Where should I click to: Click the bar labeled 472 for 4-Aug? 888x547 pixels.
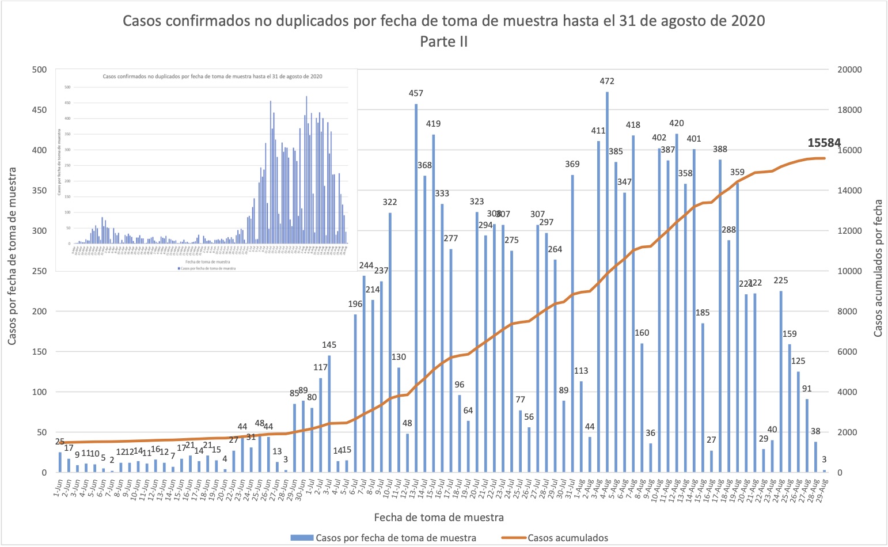point(607,282)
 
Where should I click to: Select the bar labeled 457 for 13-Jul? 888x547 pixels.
point(416,288)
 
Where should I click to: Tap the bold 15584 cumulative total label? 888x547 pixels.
point(824,143)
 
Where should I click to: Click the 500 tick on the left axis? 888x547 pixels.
point(40,70)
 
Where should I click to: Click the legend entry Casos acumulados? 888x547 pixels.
point(567,538)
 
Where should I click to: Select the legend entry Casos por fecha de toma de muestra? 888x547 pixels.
point(395,538)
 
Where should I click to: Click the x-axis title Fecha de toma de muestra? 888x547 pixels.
point(439,517)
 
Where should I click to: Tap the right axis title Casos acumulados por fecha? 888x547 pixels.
point(878,268)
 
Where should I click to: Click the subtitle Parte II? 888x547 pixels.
point(443,41)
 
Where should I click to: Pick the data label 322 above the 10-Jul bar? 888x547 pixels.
point(390,202)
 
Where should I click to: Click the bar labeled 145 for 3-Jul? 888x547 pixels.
point(329,414)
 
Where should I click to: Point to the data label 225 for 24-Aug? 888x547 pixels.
point(781,280)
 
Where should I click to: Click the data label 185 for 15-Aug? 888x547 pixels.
point(703,313)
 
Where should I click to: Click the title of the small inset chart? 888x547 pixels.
point(212,76)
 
